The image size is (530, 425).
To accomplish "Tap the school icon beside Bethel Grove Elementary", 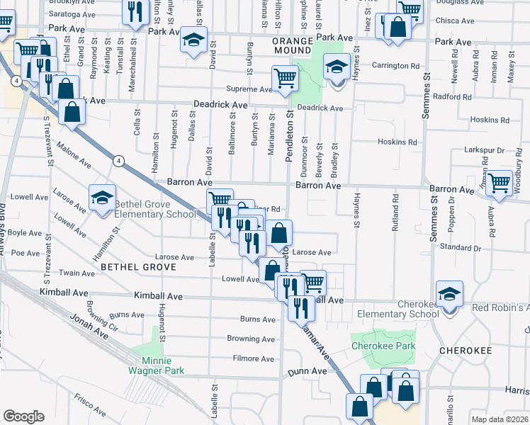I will pyautogui.click(x=102, y=198).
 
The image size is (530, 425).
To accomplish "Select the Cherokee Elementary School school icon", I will pyautogui.click(x=449, y=294).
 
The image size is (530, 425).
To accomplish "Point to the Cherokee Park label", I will pyautogui.click(x=376, y=346).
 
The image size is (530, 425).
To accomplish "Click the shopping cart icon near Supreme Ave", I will pyautogui.click(x=285, y=78).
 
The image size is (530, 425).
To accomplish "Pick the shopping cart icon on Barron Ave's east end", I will pyautogui.click(x=500, y=183).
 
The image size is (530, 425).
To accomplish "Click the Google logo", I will pyautogui.click(x=23, y=416).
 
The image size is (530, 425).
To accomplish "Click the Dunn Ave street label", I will pyautogui.click(x=308, y=370).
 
